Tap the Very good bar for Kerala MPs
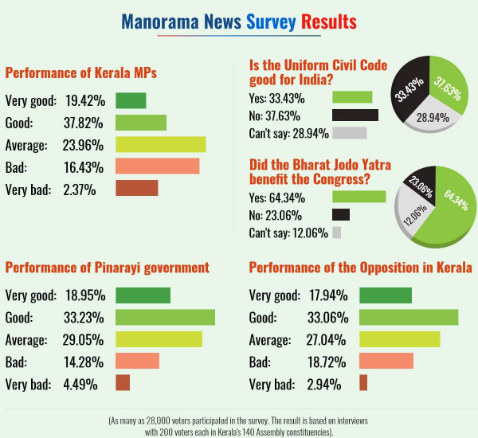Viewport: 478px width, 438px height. pos(131,100)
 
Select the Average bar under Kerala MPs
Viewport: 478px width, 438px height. pos(160,144)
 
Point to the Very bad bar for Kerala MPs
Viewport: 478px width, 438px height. pos(136,189)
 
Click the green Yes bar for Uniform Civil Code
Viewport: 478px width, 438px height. pos(351,97)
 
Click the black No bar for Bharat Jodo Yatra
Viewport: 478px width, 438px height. pos(340,214)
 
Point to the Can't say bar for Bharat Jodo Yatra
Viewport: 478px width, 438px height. pos(336,233)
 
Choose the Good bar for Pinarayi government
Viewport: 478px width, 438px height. pos(165,317)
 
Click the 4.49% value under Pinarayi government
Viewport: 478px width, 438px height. pos(81,384)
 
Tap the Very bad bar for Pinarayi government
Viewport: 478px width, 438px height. pos(123,383)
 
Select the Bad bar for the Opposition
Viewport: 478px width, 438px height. pos(386,362)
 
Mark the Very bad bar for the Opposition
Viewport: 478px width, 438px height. pos(363,383)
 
